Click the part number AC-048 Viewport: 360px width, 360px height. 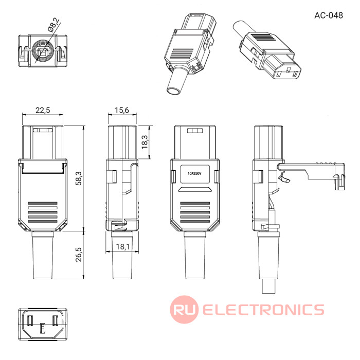pyautogui.click(x=328, y=15)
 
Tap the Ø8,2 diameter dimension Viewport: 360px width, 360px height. pyautogui.click(x=53, y=25)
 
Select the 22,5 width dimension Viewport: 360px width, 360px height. pyautogui.click(x=43, y=110)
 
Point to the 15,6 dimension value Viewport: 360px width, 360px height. pyautogui.click(x=122, y=110)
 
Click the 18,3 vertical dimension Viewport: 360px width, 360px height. pyautogui.click(x=145, y=142)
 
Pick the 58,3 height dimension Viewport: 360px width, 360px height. pyautogui.click(x=79, y=178)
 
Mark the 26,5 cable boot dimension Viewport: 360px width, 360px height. pyautogui.click(x=79, y=255)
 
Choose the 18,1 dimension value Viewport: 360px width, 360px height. pyautogui.click(x=123, y=246)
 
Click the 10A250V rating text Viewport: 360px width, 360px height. pyautogui.click(x=194, y=174)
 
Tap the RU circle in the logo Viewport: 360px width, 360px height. pyautogui.click(x=184, y=309)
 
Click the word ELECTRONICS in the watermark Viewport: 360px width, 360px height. pyautogui.click(x=263, y=310)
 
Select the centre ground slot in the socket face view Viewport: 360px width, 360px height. pyautogui.click(x=43, y=328)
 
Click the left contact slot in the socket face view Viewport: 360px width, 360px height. pyautogui.click(x=30, y=321)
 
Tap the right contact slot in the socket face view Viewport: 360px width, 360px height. pyautogui.click(x=55, y=321)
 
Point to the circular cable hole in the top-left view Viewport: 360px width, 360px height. pyautogui.click(x=43, y=51)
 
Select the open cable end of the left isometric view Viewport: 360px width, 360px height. pyautogui.click(x=174, y=91)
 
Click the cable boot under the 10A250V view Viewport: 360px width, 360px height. pyautogui.click(x=195, y=255)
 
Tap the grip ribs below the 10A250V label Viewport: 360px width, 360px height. pyautogui.click(x=195, y=212)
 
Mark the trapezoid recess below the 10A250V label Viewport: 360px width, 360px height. pyautogui.click(x=195, y=189)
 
